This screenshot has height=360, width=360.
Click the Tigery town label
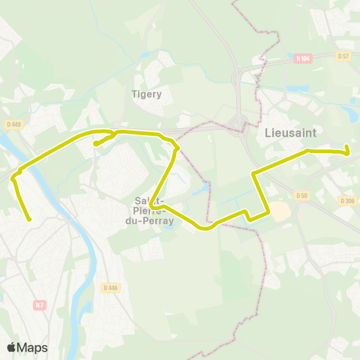147,94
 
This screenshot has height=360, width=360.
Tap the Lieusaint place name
290,132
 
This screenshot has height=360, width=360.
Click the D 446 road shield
110,287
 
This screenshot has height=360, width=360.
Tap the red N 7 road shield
40,304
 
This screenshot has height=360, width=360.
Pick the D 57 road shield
343,56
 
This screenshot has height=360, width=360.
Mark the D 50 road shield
301,196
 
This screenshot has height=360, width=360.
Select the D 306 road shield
346,200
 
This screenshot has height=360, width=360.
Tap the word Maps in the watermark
32,347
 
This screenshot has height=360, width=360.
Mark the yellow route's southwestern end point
28,219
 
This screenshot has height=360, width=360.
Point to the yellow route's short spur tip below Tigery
95,144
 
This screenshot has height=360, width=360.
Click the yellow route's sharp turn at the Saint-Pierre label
151,203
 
